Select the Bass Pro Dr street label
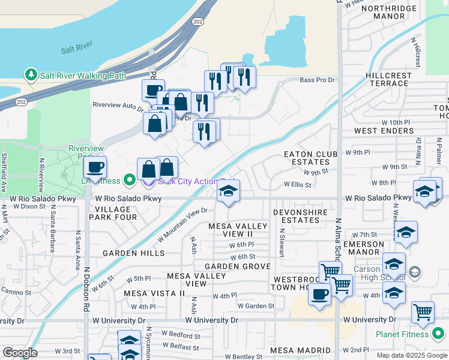tap(316, 80)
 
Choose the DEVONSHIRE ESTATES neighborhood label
tap(300, 216)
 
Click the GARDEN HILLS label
tap(133, 253)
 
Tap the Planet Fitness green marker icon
tap(438, 333)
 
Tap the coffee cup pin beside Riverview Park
tap(95, 168)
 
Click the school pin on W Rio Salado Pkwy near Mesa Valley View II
tap(228, 192)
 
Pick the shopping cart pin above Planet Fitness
tap(423, 312)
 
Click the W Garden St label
tap(256, 306)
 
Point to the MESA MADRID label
tap(300, 350)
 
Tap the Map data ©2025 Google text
tap(411, 355)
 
